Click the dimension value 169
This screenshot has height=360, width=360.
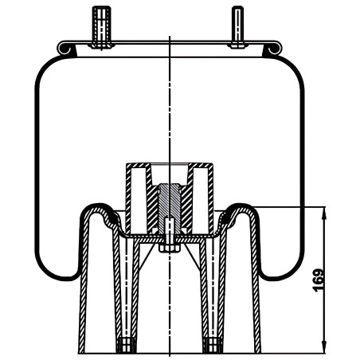pos(319,280)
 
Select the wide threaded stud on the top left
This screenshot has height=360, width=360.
pos(102,26)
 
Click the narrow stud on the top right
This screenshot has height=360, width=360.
pos(237,26)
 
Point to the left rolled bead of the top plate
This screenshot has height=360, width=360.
pos(65,49)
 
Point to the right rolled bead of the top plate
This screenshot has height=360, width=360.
pos(273,49)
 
